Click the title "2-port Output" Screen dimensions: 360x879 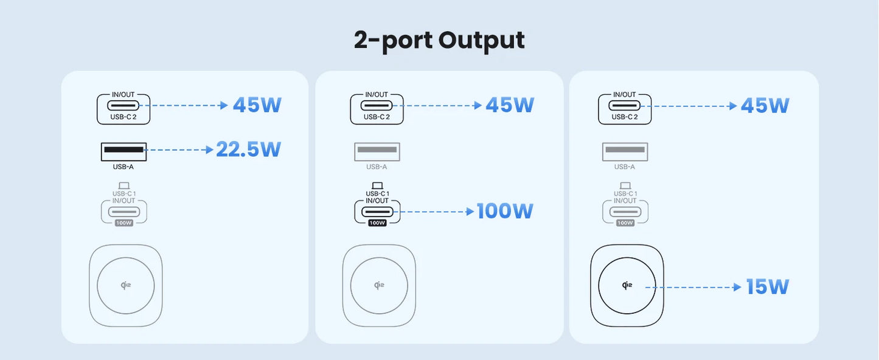click(x=439, y=40)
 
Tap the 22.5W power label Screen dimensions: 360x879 click(x=248, y=149)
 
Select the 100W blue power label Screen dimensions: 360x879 click(x=505, y=211)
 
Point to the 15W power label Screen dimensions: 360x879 click(x=767, y=286)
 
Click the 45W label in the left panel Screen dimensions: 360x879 click(x=257, y=105)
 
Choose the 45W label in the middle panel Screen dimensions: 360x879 click(x=510, y=105)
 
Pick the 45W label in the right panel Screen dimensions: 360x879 click(x=765, y=105)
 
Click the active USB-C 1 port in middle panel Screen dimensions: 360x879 click(x=377, y=212)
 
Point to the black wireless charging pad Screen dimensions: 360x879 click(x=627, y=285)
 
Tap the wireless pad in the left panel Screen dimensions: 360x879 click(x=126, y=285)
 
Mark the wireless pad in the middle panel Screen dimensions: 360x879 click(x=379, y=285)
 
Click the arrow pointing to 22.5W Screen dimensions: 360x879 click(x=179, y=150)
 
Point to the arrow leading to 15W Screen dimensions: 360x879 click(x=693, y=287)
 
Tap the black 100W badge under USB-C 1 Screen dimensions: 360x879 click(x=377, y=223)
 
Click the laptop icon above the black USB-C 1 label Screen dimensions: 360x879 click(x=377, y=185)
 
